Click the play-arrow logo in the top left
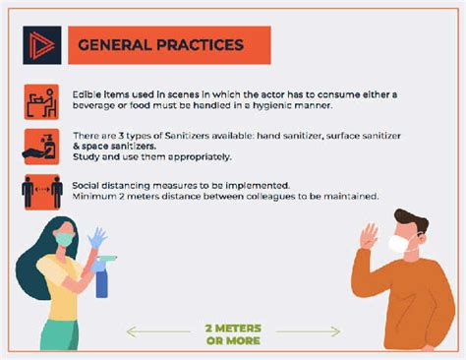coord(40,44)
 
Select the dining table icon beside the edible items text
coord(41,99)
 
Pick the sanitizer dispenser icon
coord(41,146)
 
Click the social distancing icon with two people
coord(41,190)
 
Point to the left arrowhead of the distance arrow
coord(130,331)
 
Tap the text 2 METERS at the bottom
coord(233,328)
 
